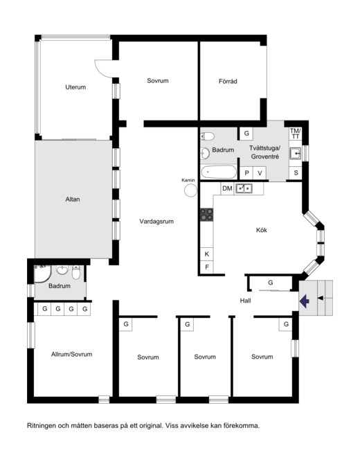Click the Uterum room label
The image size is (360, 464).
[75, 87]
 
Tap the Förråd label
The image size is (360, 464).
[228, 81]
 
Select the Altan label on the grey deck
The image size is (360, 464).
[73, 199]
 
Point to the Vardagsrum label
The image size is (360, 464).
[156, 222]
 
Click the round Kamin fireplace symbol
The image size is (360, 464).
[191, 190]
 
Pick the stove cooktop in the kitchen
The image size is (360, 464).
[206, 215]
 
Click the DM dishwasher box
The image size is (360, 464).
[227, 188]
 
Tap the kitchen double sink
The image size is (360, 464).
[244, 188]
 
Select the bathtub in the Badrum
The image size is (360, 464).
[219, 172]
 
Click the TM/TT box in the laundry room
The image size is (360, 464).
[295, 134]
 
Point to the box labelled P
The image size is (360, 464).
[246, 173]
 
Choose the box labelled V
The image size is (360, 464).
[260, 173]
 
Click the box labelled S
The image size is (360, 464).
[296, 173]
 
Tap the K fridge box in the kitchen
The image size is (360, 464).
[207, 253]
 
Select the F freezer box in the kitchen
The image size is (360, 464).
[207, 267]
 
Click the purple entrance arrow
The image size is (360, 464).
[305, 301]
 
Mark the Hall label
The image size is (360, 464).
[245, 301]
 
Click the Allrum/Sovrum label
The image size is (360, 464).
[71, 354]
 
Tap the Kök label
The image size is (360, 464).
[262, 230]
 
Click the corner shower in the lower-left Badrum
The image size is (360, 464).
[43, 274]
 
